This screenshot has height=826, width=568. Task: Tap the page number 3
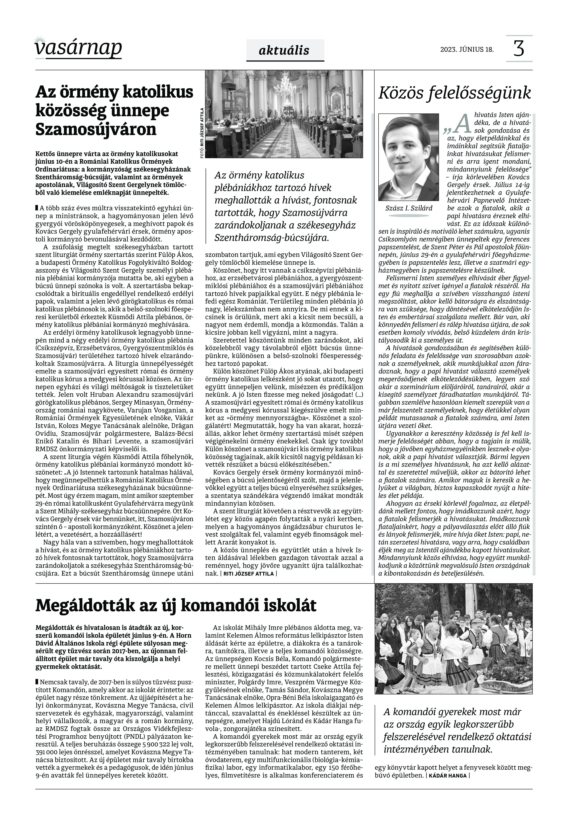point(519,48)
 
